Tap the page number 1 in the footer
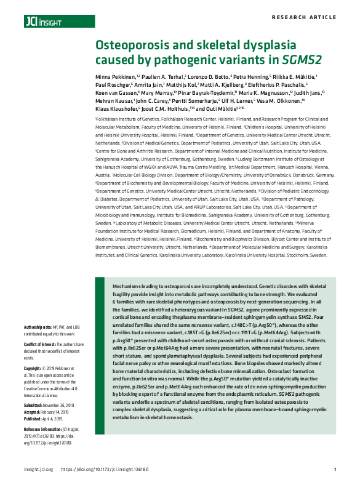[334, 469]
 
